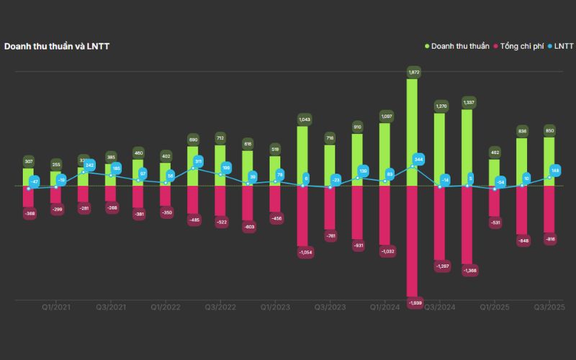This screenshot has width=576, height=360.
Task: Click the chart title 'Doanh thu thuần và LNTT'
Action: [57, 46]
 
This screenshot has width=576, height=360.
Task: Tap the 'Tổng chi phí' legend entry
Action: [524, 46]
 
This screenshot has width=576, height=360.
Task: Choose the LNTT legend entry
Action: [562, 46]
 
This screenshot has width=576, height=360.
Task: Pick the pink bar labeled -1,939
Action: [413, 241]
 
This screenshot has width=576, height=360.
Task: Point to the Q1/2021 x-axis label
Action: [55, 307]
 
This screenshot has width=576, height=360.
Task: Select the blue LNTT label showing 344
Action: [419, 159]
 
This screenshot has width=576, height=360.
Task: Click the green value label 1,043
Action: [303, 119]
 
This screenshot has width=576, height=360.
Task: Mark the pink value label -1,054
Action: [303, 252]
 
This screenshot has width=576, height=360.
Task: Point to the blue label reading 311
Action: [199, 161]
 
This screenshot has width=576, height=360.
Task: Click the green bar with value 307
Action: [28, 178]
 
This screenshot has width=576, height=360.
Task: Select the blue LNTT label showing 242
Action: [89, 166]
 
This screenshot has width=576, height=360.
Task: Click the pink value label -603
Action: [248, 227]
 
